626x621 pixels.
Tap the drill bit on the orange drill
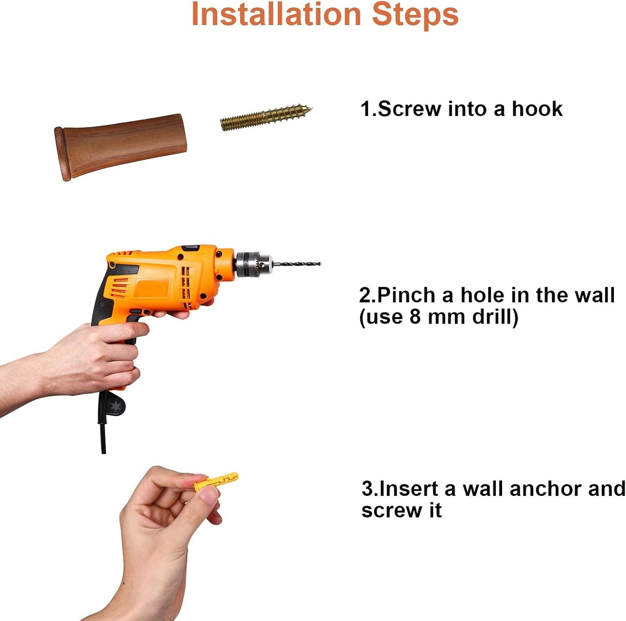pyautogui.click(x=296, y=263)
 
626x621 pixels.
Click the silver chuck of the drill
pyautogui.click(x=254, y=264)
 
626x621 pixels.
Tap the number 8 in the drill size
pyautogui.click(x=415, y=316)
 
